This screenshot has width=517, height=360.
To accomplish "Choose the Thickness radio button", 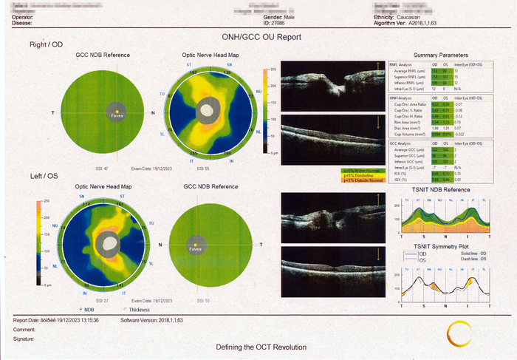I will [x=126, y=310].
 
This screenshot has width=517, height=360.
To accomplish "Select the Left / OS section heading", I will [x=44, y=175].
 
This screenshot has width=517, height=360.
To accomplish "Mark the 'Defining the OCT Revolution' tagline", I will [x=261, y=347].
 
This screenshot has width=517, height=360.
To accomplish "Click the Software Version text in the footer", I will [x=151, y=320].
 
